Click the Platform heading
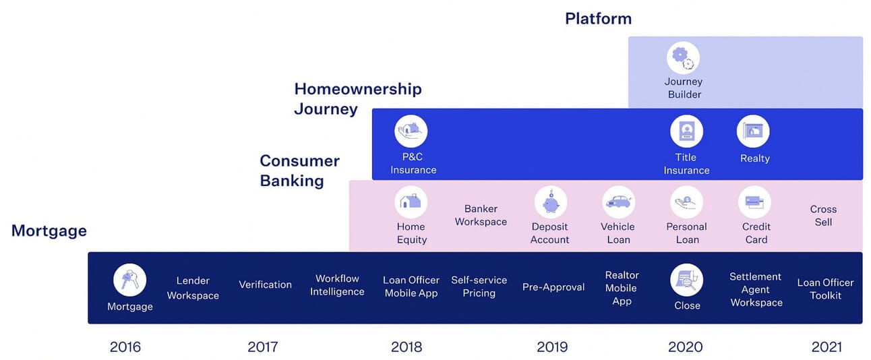click(x=598, y=18)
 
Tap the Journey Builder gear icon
click(x=683, y=58)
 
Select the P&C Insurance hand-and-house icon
click(x=411, y=131)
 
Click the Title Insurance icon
click(x=686, y=131)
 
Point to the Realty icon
click(x=753, y=131)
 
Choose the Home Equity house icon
click(x=411, y=202)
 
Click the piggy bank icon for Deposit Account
click(x=550, y=202)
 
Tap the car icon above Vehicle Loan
click(x=618, y=202)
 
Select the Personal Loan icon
click(x=686, y=202)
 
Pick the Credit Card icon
click(x=755, y=202)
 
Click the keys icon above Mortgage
click(x=129, y=280)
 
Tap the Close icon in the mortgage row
click(x=686, y=280)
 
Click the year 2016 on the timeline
click(x=125, y=347)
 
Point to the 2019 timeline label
click(x=552, y=347)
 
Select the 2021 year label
click(x=827, y=347)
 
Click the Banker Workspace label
click(x=481, y=215)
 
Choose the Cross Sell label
click(x=823, y=216)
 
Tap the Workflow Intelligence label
click(x=337, y=285)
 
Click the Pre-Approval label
click(x=553, y=287)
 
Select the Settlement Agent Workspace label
click(x=756, y=289)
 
